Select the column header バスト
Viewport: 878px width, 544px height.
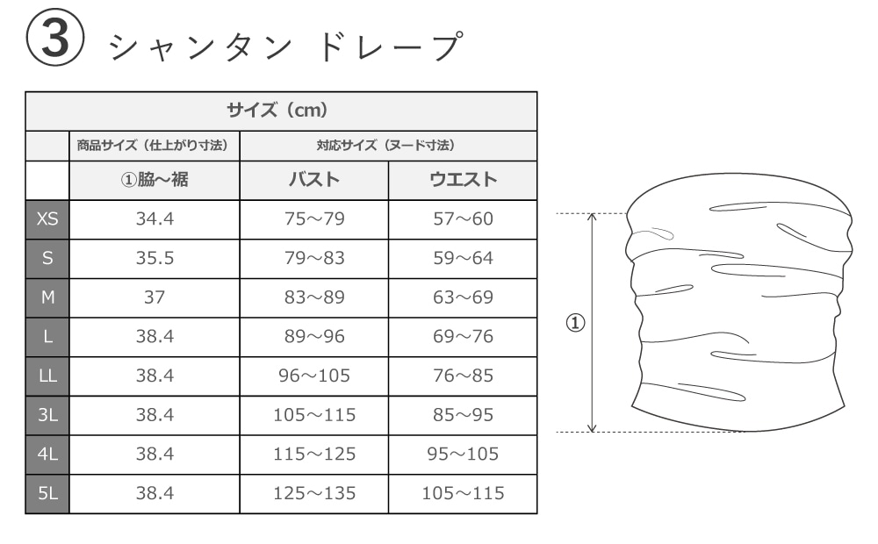click(x=314, y=181)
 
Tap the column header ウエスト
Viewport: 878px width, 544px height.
click(x=463, y=181)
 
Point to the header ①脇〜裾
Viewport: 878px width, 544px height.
click(x=155, y=181)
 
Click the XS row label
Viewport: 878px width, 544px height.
click(x=47, y=219)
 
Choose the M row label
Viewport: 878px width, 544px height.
click(x=47, y=297)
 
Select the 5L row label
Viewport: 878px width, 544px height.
click(x=47, y=493)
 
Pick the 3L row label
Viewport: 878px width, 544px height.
click(x=47, y=415)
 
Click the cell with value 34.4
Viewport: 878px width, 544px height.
click(x=155, y=219)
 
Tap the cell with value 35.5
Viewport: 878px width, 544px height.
click(x=155, y=259)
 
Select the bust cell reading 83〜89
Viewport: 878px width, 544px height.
click(x=314, y=297)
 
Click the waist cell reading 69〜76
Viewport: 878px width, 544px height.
click(x=463, y=337)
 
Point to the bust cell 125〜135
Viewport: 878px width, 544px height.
click(x=314, y=493)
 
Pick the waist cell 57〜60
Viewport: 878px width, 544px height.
click(x=463, y=219)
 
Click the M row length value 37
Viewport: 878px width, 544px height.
click(x=155, y=297)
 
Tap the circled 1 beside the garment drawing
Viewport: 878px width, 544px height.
click(x=575, y=323)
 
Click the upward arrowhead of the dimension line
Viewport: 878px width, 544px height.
click(x=592, y=217)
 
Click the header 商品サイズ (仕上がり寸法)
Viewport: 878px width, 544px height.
click(x=155, y=146)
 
